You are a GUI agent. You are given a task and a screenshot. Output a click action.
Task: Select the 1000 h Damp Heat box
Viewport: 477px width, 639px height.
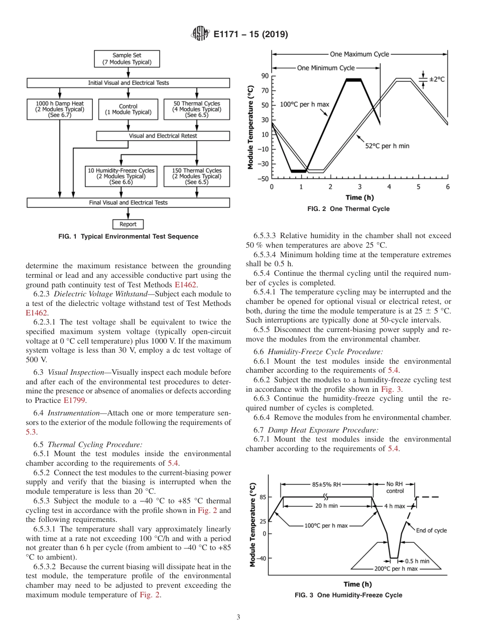(x=60, y=109)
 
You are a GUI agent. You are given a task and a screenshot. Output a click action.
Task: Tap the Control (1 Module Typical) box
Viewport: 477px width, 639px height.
(x=128, y=109)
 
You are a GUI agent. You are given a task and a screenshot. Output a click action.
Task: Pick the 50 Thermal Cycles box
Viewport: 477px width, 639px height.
(x=196, y=109)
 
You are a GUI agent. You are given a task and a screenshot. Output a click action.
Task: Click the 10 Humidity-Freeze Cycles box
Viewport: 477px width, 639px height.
(x=121, y=177)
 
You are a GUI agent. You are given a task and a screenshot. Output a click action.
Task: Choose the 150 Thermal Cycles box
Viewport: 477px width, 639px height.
(x=196, y=177)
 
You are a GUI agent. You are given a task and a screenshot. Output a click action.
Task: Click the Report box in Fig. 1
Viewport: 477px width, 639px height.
(x=128, y=224)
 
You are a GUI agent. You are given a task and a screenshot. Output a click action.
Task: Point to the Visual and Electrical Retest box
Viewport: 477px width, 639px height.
(x=163, y=136)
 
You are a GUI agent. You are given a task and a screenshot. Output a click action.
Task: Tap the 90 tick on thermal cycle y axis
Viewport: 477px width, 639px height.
(x=265, y=76)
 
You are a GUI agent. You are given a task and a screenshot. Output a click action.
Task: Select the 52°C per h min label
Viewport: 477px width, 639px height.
(x=387, y=146)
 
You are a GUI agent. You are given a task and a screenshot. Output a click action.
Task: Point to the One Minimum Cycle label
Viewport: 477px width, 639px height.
(x=326, y=68)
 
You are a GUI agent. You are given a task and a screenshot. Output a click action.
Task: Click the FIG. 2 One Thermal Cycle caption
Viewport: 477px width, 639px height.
(x=348, y=209)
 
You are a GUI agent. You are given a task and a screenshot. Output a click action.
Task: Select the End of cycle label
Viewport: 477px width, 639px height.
(x=431, y=530)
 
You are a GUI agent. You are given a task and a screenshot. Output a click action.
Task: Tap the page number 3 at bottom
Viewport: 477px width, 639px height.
(x=238, y=617)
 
